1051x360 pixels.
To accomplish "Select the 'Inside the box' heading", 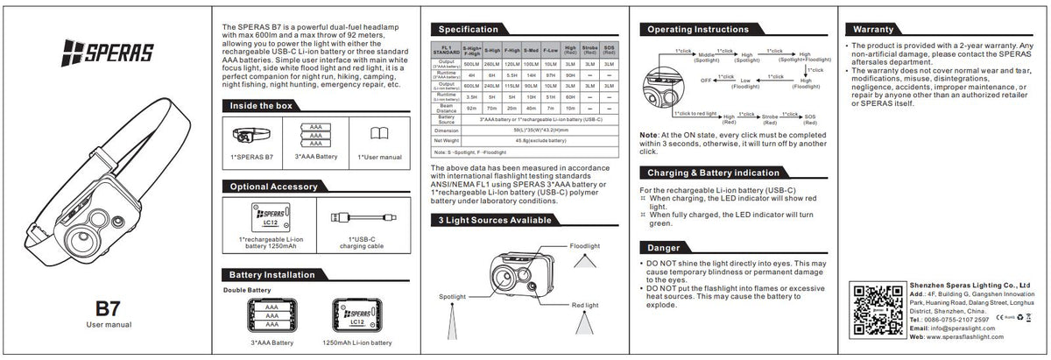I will pos(259,105).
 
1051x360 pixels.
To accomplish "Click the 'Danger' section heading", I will pos(663,247).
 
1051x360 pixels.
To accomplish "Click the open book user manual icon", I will pos(378,134).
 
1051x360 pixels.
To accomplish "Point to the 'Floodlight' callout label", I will pos(586,246).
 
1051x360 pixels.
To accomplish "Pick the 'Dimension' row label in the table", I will pos(447,130).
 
